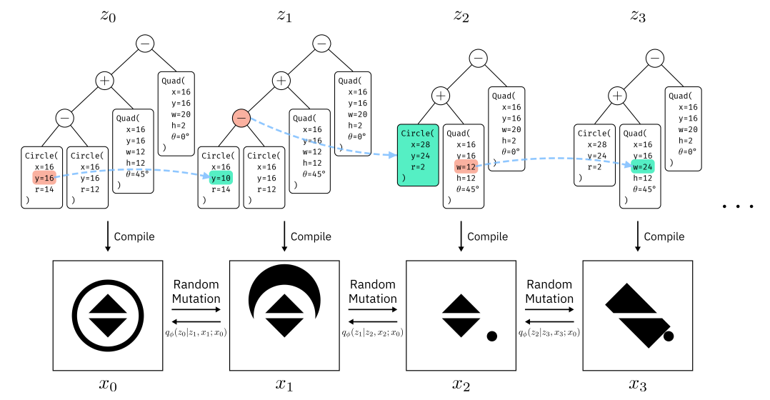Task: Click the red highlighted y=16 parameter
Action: tap(44, 177)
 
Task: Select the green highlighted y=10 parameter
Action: tap(221, 177)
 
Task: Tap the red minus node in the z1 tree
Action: tap(241, 117)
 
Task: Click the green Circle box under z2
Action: tap(416, 154)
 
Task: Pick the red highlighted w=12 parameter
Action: tap(464, 166)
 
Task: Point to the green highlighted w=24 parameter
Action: tap(641, 166)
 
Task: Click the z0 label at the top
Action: tap(109, 16)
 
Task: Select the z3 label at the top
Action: tap(638, 16)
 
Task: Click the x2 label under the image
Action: tap(461, 385)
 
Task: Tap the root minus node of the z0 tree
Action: tap(145, 44)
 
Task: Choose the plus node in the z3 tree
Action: tap(618, 95)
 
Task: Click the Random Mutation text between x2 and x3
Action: tap(549, 291)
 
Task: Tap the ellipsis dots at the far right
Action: tap(738, 207)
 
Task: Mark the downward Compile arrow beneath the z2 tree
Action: tap(461, 236)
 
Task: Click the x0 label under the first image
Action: tap(108, 385)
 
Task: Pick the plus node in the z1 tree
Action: tap(281, 81)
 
